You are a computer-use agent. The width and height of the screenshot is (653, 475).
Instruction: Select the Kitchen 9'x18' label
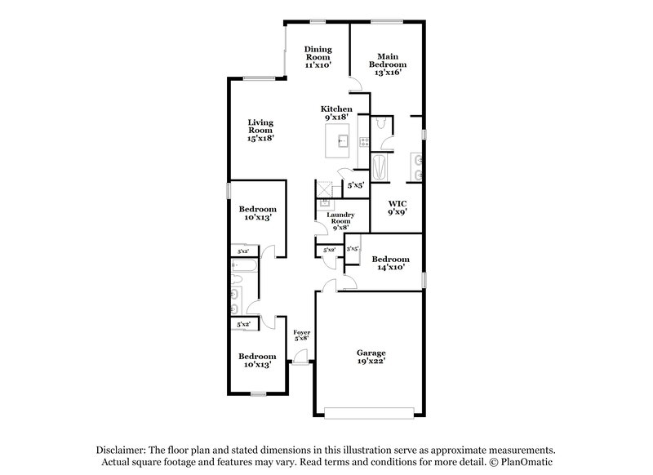tap(336, 113)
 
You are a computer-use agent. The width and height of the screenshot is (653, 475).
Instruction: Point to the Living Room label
tap(260, 130)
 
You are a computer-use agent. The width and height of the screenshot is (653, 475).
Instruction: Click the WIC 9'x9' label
tap(397, 206)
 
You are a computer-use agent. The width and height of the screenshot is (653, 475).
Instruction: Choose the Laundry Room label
tap(340, 221)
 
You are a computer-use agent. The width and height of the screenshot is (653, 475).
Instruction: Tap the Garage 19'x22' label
tap(371, 357)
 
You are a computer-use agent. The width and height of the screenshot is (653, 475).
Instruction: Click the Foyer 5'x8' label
tap(302, 335)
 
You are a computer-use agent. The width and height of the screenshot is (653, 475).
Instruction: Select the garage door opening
tap(370, 408)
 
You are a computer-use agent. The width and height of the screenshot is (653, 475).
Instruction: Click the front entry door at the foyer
tap(300, 360)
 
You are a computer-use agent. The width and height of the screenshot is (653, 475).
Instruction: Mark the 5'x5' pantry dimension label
tap(354, 184)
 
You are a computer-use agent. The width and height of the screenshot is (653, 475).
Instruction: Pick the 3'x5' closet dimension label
tap(353, 249)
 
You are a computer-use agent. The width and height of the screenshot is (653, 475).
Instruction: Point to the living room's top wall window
tap(259, 78)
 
